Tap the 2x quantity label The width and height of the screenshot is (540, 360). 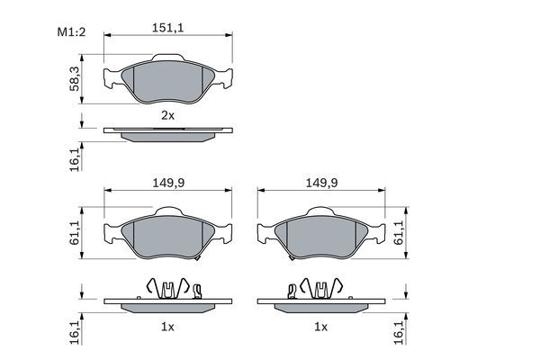coord(166,115)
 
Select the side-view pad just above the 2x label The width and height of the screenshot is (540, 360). coord(168,133)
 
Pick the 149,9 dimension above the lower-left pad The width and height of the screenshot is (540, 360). coord(168,182)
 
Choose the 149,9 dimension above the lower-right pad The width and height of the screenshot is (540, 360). coord(321,182)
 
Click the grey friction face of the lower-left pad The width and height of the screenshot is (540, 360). coord(168,237)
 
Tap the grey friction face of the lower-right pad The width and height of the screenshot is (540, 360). coord(321,237)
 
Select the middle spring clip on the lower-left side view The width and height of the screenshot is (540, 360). coord(168,288)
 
